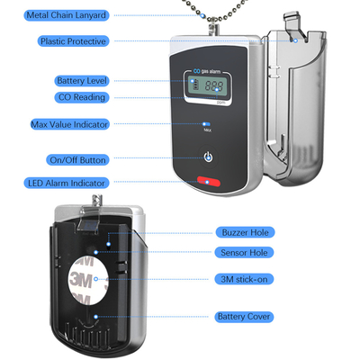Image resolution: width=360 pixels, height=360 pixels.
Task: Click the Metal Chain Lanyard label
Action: click(67, 15)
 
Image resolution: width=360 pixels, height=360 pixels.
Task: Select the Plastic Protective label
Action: click(73, 41)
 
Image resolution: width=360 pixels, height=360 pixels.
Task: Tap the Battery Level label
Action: click(82, 81)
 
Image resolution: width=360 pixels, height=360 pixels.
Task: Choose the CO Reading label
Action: click(82, 97)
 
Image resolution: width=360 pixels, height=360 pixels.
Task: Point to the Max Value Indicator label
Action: click(69, 124)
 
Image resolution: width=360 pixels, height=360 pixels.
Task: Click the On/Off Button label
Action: click(77, 160)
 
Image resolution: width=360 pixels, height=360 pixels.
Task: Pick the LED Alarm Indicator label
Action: click(67, 183)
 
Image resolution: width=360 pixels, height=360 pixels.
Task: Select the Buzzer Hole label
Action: click(245, 232)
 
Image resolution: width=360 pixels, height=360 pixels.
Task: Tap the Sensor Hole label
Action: click(244, 253)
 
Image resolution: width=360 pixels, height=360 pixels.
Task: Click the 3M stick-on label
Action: click(244, 279)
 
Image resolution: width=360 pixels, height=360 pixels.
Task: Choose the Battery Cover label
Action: click(244, 317)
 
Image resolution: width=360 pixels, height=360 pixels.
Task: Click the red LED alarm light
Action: click(209, 182)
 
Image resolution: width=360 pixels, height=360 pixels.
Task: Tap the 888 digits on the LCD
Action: click(214, 86)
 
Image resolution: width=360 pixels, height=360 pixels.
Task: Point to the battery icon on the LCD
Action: click(195, 84)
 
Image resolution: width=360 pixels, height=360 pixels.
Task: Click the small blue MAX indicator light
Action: click(206, 124)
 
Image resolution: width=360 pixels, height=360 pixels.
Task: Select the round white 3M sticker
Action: click(88, 280)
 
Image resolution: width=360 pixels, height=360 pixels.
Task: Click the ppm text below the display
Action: click(220, 102)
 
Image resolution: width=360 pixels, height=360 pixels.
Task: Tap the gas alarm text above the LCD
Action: click(211, 71)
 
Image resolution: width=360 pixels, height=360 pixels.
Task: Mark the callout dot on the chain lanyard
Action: click(202, 15)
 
